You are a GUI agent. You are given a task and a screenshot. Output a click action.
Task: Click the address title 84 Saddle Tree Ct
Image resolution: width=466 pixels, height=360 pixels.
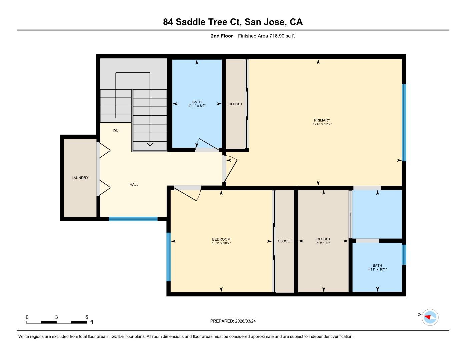pyautogui.click(x=233, y=22)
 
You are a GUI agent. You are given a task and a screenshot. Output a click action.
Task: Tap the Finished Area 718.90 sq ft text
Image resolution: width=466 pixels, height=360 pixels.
pyautogui.click(x=266, y=36)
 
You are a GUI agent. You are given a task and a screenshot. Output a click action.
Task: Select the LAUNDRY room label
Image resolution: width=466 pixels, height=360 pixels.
pyautogui.click(x=80, y=178)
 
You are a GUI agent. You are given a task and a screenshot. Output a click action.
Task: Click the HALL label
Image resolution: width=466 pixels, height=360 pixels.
pyautogui.click(x=134, y=184)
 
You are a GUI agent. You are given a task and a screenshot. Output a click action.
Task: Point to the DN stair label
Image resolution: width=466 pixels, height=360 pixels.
pyautogui.click(x=116, y=131)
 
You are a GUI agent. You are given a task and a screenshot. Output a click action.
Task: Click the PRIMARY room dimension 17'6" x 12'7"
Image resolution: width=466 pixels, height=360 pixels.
pyautogui.click(x=322, y=124)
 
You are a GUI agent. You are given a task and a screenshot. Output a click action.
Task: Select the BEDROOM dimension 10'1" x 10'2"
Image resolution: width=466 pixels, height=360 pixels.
pyautogui.click(x=221, y=243)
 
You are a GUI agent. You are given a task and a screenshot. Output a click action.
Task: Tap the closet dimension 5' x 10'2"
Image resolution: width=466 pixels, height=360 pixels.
pyautogui.click(x=323, y=243)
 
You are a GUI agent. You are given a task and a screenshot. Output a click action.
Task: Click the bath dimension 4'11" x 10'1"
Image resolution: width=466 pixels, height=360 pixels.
pyautogui.click(x=377, y=269)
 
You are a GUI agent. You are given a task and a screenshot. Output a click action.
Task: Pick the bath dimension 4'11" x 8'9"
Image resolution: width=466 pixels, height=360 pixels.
pyautogui.click(x=197, y=106)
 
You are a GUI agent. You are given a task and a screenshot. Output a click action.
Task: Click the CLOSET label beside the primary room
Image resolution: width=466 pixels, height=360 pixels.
pyautogui.click(x=235, y=104)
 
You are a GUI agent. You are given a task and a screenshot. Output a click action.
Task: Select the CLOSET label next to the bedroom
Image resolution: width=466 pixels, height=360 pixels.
pyautogui.click(x=285, y=241)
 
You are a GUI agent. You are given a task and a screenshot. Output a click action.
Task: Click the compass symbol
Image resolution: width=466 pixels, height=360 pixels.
pyautogui.click(x=430, y=317)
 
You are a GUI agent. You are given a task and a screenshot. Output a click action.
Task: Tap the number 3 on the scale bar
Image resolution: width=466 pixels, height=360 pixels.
pyautogui.click(x=56, y=317)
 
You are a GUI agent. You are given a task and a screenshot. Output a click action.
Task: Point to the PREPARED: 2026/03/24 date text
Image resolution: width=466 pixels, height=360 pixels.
pyautogui.click(x=233, y=321)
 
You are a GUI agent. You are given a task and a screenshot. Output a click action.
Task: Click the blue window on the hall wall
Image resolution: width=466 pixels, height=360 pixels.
pyautogui.click(x=133, y=219)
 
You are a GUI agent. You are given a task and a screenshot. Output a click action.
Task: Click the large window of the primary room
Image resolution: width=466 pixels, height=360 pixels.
pyautogui.click(x=404, y=122)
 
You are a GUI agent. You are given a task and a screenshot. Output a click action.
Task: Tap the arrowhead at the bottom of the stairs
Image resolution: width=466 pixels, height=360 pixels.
pyautogui.click(x=150, y=144)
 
